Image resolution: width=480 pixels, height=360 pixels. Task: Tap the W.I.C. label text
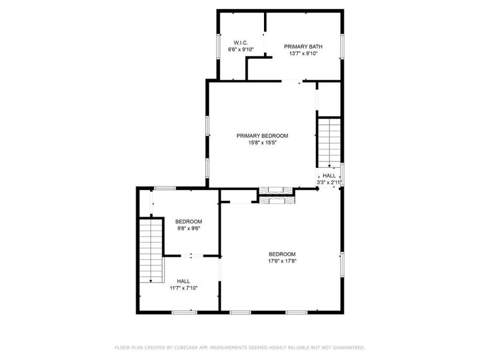point(240,42)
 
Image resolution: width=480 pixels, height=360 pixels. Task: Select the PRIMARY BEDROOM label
point(262,136)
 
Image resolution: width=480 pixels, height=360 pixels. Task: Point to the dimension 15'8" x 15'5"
point(262,143)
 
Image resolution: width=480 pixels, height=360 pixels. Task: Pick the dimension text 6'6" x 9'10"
point(241,50)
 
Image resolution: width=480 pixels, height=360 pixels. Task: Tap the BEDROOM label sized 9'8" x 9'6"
point(188,221)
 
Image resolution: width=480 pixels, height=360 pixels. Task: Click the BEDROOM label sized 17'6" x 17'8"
point(282,253)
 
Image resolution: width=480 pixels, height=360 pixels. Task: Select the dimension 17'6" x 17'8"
point(282,261)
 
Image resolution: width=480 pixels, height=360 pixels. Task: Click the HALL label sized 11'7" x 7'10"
point(184,281)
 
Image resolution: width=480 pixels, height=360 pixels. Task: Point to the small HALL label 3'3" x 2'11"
point(329,175)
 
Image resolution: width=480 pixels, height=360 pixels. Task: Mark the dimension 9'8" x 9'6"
point(188,228)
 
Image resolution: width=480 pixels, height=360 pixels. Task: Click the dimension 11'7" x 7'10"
point(184,288)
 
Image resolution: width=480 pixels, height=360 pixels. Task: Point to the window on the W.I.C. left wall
point(217,45)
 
